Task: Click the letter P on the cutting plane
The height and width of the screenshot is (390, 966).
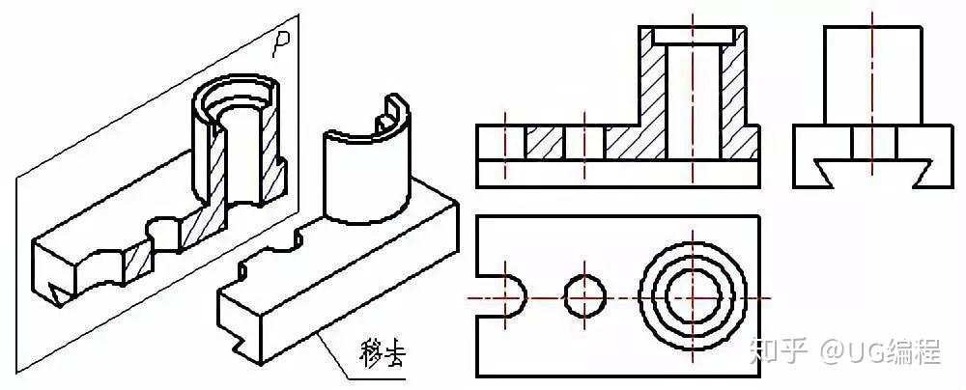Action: coord(281,42)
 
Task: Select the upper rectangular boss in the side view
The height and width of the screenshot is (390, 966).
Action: coord(871,77)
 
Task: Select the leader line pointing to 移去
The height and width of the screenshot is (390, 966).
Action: coord(333,349)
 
